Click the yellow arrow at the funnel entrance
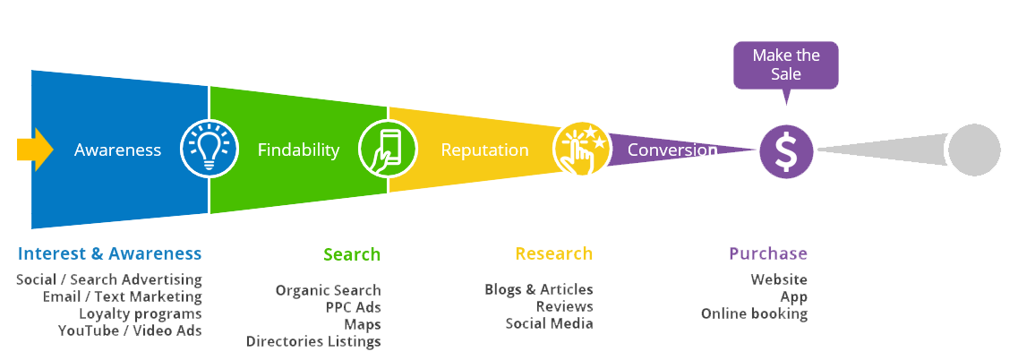[x=35, y=149]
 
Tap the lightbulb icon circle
[x=210, y=150]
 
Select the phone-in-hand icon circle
[x=387, y=150]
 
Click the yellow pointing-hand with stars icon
[x=581, y=150]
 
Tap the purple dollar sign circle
[x=786, y=151]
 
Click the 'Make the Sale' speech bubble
[x=786, y=65]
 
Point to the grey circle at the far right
[x=973, y=150]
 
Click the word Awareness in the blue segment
[x=117, y=150]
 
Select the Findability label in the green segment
[x=298, y=150]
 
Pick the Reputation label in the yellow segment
[x=484, y=150]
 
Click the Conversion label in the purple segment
[x=672, y=150]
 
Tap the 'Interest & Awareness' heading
[x=109, y=253]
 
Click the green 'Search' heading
[x=352, y=253]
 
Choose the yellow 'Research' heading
[x=553, y=253]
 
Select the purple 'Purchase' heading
[x=768, y=253]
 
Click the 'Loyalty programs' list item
[x=141, y=313]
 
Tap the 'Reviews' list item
[x=564, y=306]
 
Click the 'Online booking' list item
[x=754, y=313]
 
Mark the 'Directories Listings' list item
[x=313, y=341]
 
